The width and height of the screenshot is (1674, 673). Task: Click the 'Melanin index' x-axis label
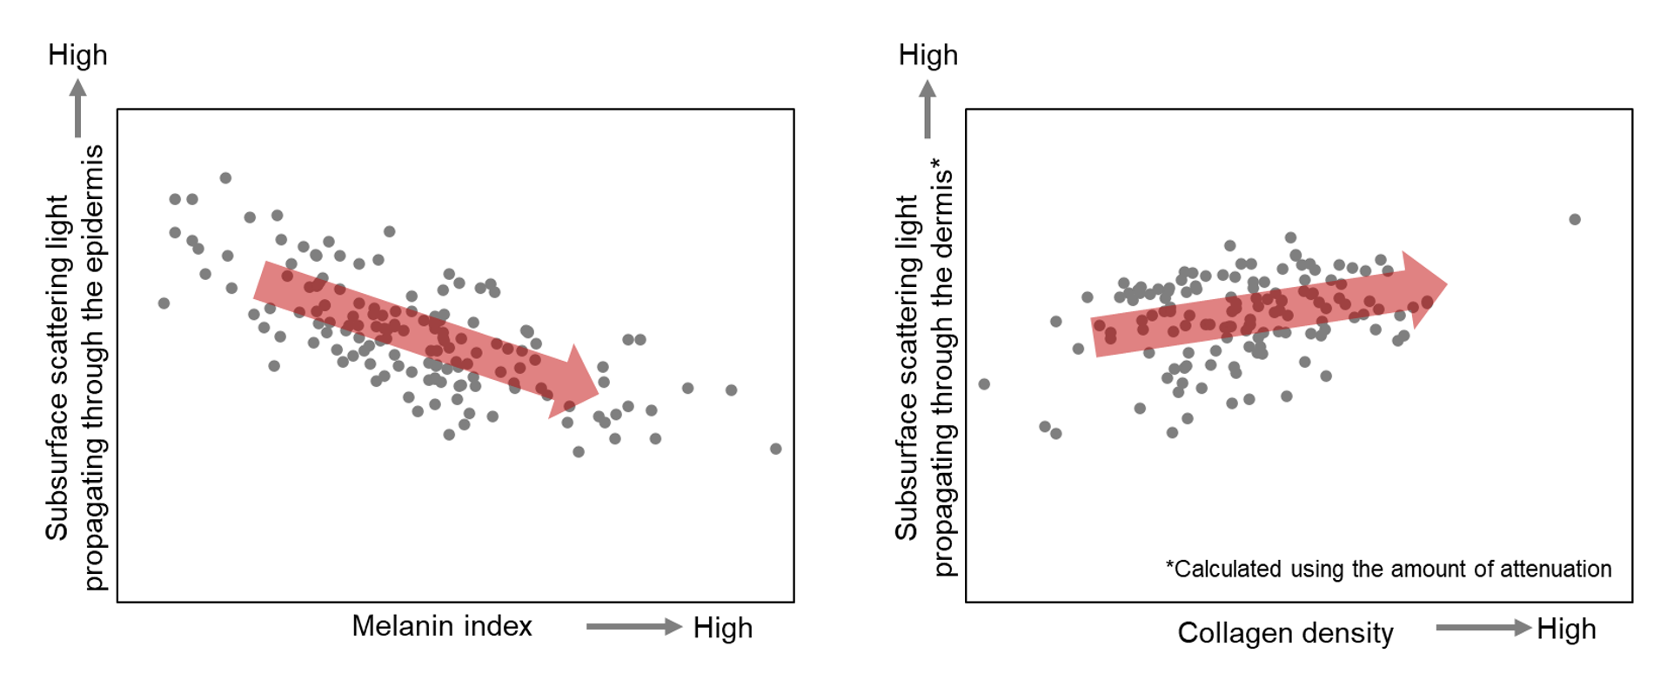pos(441,626)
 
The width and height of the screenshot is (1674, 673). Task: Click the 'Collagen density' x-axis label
pos(1284,633)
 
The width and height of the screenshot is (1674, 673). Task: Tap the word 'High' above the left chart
pos(77,55)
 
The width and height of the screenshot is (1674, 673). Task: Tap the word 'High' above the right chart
pos(927,55)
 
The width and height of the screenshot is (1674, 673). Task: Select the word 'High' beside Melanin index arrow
pos(722,628)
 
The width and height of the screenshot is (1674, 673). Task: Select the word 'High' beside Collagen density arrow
pos(1566,629)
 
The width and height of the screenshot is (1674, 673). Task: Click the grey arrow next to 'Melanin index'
pos(633,626)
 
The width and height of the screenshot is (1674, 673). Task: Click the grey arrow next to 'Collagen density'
pos(1483,628)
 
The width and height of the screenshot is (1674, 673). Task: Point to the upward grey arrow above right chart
pos(927,108)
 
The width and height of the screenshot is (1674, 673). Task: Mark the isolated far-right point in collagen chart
pos(1574,219)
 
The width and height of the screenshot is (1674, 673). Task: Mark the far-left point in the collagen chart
pos(984,384)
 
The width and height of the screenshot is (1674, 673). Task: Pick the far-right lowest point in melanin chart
pos(775,449)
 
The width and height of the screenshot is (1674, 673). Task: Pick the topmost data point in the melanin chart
pos(225,178)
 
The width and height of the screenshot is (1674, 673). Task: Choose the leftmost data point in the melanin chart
pos(164,303)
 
